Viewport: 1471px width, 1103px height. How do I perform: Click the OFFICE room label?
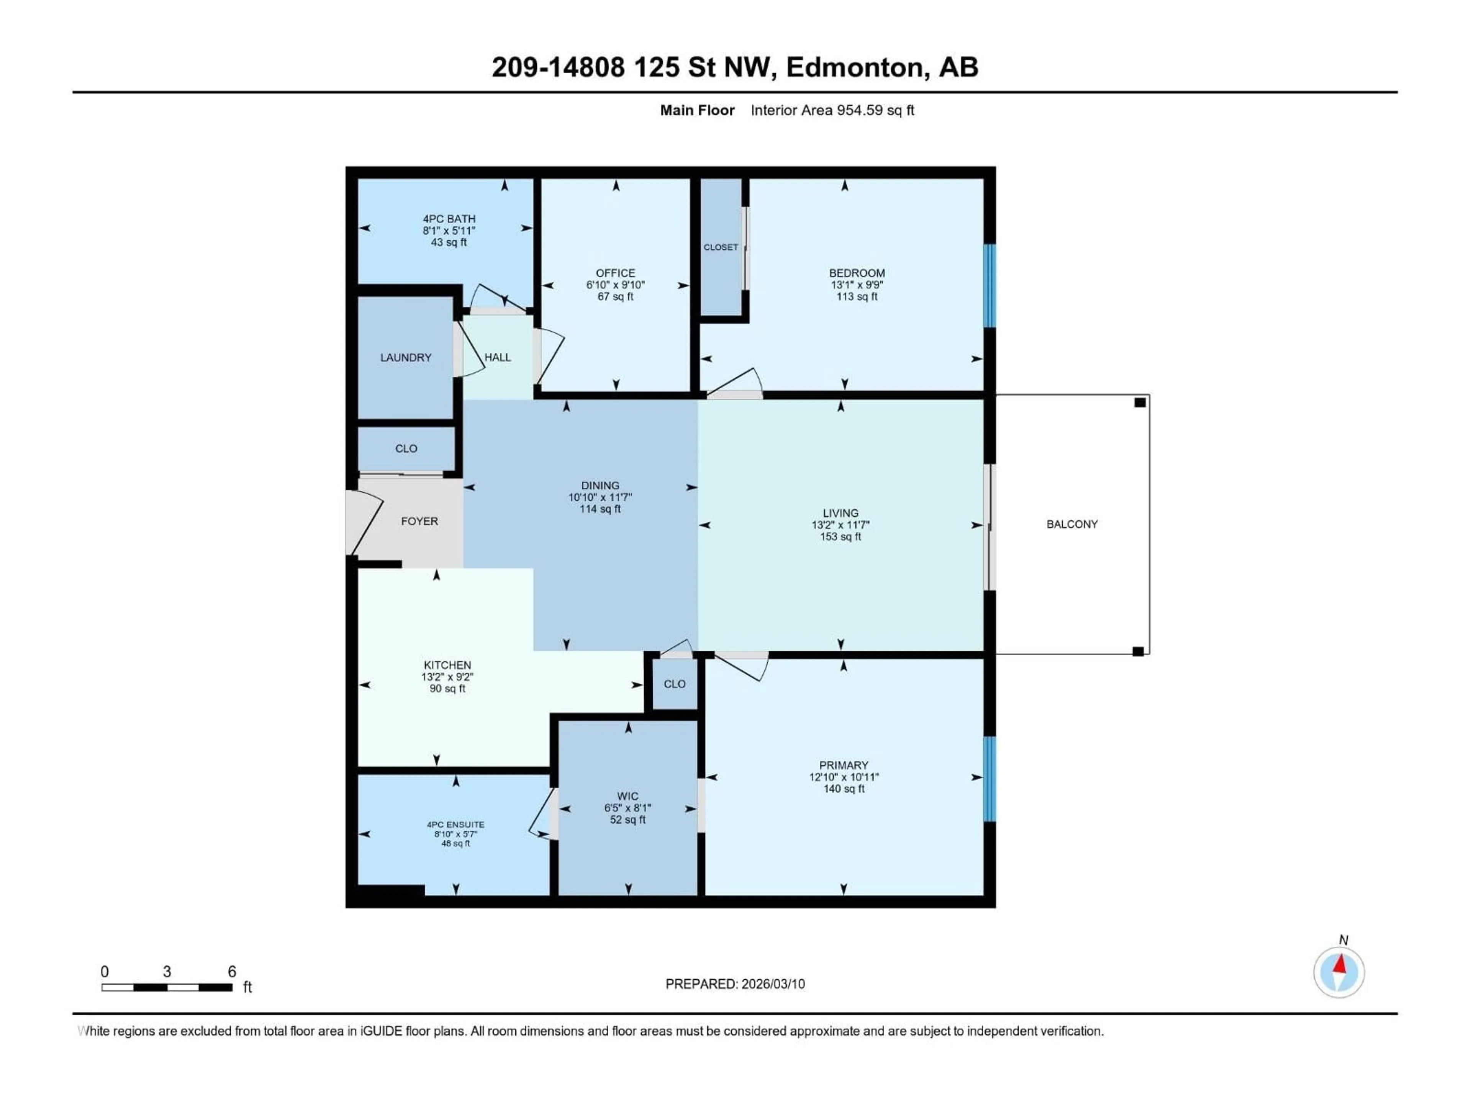click(615, 273)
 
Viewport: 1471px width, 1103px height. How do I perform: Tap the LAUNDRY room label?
click(406, 358)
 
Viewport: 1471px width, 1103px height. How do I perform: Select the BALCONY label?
click(1072, 524)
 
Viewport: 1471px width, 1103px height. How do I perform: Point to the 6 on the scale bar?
click(231, 971)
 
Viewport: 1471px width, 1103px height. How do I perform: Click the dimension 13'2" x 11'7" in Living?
click(840, 525)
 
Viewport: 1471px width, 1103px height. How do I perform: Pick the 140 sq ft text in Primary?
click(843, 789)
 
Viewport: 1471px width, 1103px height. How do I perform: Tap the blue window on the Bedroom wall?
click(989, 286)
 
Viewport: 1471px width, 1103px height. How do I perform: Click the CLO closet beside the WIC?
click(674, 684)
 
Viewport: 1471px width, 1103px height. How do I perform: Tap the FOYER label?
click(419, 521)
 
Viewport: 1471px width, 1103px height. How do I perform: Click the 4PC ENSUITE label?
click(455, 825)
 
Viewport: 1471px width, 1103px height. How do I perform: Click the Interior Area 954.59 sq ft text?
click(832, 110)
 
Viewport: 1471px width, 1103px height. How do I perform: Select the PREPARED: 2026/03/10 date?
click(735, 984)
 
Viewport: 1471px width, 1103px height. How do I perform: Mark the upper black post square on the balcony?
click(1140, 402)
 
